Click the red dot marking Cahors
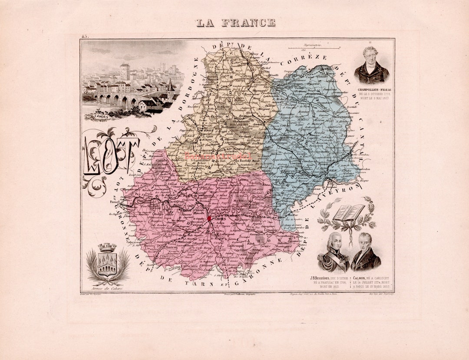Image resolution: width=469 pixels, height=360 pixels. [209, 218]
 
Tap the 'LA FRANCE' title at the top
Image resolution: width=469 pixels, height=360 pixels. [235, 23]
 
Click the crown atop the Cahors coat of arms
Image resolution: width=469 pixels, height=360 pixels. [107, 248]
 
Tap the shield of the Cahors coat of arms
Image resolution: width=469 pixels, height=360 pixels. [107, 264]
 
